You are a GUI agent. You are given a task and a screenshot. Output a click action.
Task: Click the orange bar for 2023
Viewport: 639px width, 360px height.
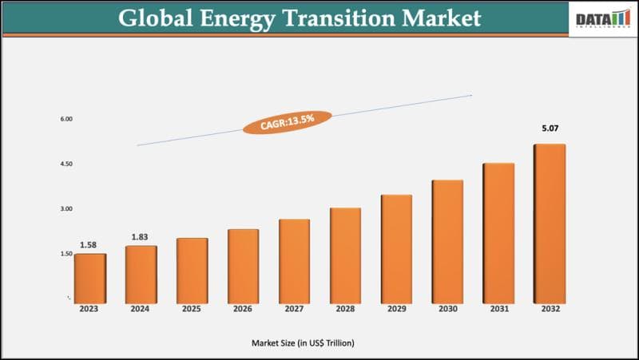coord(89,278)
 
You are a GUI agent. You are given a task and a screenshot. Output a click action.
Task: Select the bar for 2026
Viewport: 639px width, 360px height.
coord(243,266)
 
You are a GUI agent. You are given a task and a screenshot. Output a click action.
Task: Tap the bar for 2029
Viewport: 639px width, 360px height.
coord(396,248)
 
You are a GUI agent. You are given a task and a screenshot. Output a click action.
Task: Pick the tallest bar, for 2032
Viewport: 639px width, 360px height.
coord(550,223)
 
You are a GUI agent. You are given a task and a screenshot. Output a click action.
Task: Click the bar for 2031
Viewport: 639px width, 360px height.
coord(498,232)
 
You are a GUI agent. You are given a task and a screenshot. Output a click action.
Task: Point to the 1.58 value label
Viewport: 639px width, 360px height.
coord(89,245)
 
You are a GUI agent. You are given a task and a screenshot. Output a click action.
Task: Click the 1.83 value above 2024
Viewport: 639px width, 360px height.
coord(141,237)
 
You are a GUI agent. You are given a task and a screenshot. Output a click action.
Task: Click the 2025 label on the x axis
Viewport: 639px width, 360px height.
coord(192,309)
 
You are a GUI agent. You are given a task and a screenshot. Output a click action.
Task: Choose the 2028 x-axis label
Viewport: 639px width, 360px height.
coord(345,309)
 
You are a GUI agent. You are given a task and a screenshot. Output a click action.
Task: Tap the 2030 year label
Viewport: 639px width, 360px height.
coord(447,309)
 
